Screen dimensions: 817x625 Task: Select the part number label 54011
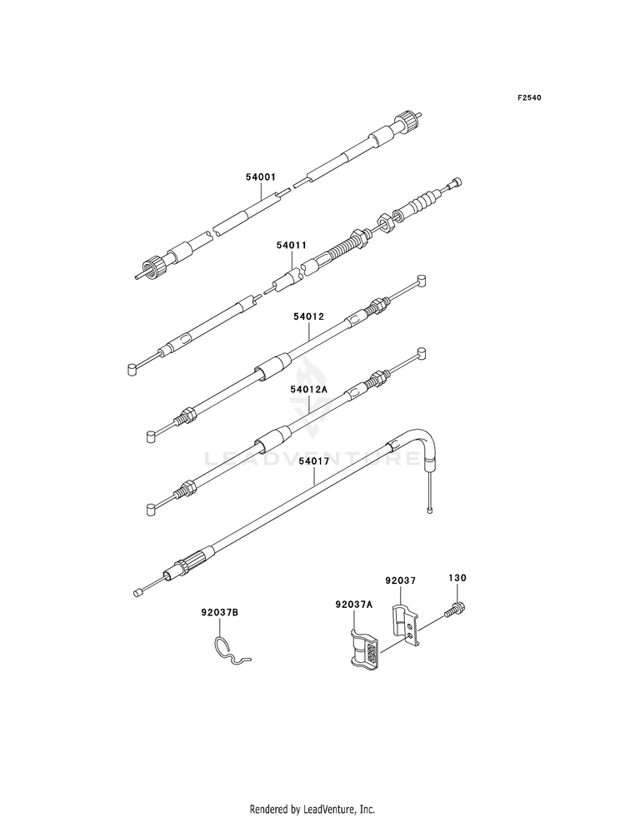(x=292, y=247)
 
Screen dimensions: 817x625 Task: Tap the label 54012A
(x=308, y=389)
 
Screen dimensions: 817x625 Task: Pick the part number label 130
(x=457, y=576)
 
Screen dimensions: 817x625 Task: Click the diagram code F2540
(x=529, y=98)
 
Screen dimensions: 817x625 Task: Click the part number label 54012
(x=307, y=317)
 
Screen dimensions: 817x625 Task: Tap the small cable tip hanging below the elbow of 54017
(x=430, y=506)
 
